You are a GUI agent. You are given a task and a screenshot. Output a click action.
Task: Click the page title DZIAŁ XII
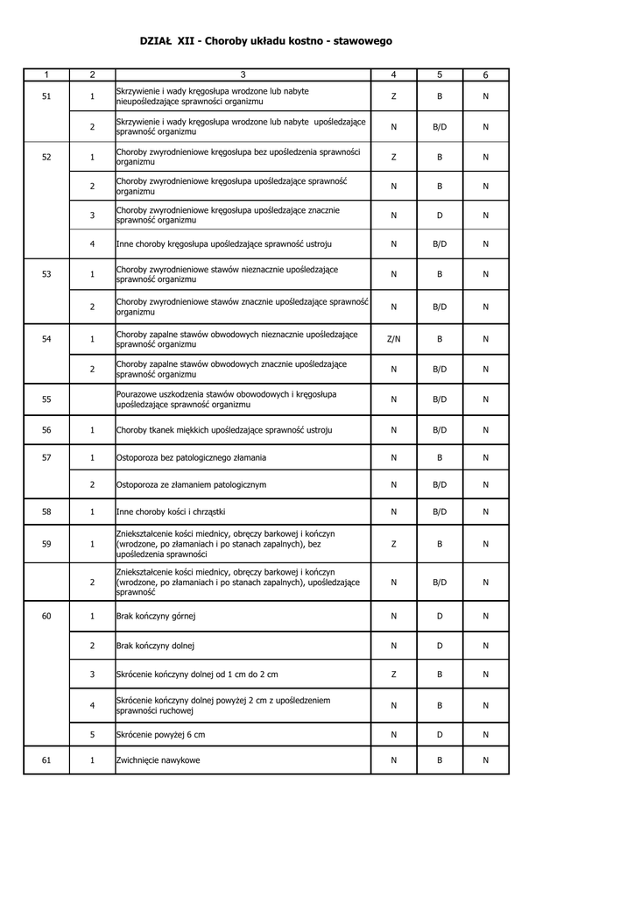[265, 41]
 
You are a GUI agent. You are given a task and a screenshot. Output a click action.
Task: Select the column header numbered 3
[243, 75]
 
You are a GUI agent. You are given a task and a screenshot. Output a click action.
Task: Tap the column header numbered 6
[485, 75]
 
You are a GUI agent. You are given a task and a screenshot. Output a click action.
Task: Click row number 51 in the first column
[46, 96]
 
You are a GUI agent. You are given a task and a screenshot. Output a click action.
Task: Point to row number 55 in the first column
[46, 399]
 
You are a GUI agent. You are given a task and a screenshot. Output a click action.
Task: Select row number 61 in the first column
[46, 760]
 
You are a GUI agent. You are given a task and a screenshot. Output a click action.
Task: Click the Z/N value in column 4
[393, 339]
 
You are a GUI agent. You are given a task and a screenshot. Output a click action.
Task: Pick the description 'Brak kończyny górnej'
[156, 617]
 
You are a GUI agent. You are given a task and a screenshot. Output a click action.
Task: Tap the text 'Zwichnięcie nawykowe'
[158, 760]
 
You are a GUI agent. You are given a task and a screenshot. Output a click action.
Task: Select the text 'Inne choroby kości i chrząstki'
[171, 512]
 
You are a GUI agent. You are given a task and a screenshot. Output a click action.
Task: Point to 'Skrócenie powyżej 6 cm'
[161, 734]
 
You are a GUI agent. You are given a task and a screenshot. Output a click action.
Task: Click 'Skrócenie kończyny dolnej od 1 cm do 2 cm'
[197, 674]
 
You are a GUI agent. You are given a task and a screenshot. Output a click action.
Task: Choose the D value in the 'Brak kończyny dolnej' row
[440, 646]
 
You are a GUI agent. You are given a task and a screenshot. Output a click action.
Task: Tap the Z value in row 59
[393, 544]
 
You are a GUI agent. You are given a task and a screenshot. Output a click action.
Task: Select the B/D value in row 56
[440, 430]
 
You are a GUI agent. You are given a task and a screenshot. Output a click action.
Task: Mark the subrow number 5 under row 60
[92, 734]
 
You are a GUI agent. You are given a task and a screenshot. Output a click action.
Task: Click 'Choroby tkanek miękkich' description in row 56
[224, 430]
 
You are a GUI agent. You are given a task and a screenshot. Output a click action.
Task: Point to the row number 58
[46, 512]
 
